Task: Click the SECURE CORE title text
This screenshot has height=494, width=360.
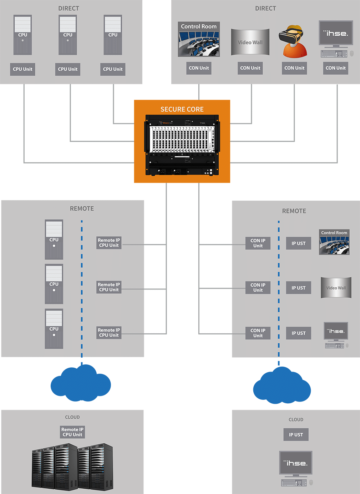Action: coord(182,109)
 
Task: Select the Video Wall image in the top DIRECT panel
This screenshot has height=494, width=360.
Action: coord(250,42)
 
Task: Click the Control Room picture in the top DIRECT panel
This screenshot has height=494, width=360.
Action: coord(199,39)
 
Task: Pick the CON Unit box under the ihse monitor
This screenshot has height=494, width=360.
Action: coord(335,68)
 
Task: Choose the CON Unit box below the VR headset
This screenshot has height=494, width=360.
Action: coord(294,68)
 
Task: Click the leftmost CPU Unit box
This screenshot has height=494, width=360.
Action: coord(22,69)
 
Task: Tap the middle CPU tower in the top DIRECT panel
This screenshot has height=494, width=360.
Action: coord(68,35)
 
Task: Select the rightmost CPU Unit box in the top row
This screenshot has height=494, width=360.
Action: coord(113,69)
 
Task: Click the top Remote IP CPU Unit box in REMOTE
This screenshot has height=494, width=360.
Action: coord(109,243)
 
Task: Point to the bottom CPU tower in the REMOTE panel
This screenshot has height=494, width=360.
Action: coord(54,328)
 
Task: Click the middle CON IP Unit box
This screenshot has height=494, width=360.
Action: coord(258,287)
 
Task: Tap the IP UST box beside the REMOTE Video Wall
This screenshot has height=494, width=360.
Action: coord(298,288)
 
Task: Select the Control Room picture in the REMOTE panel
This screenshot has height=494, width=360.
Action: coord(334,242)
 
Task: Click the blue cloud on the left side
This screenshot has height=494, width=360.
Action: coord(81,384)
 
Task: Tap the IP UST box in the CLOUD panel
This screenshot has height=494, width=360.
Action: coord(296,435)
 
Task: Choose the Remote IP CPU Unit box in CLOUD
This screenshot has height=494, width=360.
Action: coord(72,432)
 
